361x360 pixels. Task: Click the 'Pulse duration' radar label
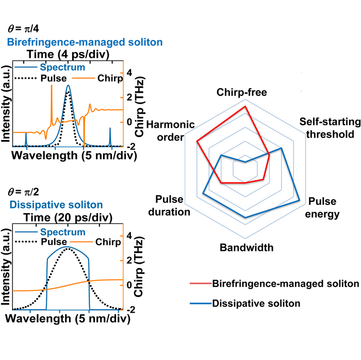172,205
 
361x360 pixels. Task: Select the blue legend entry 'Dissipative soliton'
256,303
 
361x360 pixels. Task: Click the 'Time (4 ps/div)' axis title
68,55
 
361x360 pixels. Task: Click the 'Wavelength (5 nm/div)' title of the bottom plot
69,319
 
